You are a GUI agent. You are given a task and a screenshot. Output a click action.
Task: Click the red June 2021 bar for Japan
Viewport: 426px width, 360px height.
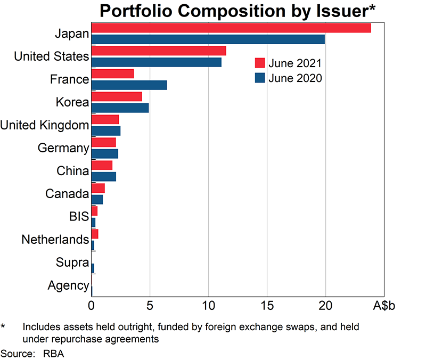tap(231, 28)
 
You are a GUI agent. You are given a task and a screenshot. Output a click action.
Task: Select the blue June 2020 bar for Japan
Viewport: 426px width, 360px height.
tap(208, 39)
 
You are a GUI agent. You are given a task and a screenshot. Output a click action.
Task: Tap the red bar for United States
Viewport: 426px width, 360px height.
tap(158, 51)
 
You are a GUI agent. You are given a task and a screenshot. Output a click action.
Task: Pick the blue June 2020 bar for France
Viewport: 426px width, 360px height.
tap(129, 85)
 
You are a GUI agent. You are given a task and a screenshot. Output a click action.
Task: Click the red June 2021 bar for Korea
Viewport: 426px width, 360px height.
tap(117, 96)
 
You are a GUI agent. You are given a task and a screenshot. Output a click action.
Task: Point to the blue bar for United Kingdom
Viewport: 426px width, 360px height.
tap(105, 131)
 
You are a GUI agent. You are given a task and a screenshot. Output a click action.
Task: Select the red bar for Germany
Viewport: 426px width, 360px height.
tap(103, 142)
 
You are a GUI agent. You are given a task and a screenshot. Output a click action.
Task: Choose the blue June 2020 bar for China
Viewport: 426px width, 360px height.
tap(103, 177)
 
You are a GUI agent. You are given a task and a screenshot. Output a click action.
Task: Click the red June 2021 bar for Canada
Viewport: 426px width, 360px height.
tap(98, 188)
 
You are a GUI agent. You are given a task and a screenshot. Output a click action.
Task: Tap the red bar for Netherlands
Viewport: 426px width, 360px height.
tap(95, 234)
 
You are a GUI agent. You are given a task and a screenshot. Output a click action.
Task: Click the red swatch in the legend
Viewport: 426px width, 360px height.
tap(260, 63)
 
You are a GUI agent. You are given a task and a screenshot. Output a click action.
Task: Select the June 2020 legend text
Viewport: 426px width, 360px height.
tap(295, 78)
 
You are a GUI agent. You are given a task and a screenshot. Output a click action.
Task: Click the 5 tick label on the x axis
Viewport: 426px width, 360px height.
tap(150, 306)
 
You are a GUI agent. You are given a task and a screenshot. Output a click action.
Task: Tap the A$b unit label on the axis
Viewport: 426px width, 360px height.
tap(384, 306)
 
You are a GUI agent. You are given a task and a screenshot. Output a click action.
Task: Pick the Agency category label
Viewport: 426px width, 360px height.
tap(68, 285)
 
